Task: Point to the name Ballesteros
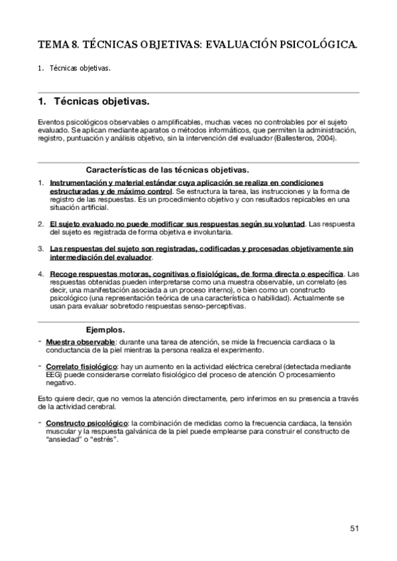pyautogui.click(x=292, y=139)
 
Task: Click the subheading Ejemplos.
pyautogui.click(x=105, y=329)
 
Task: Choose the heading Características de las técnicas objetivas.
pyautogui.click(x=167, y=169)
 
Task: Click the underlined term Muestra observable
pyautogui.click(x=72, y=341)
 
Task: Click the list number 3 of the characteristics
pyautogui.click(x=40, y=248)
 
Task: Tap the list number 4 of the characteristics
pyautogui.click(x=40, y=273)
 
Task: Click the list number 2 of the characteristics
pyautogui.click(x=40, y=224)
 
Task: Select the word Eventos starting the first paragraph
pyautogui.click(x=52, y=122)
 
